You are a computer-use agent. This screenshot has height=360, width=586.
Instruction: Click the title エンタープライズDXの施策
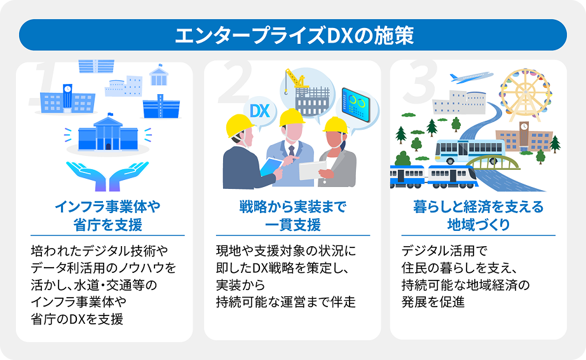pos(294,36)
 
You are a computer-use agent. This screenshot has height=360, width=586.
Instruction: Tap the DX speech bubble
pos(260,112)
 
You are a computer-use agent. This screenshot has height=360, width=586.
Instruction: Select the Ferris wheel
pos(526,94)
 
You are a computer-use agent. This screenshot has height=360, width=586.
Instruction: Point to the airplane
pos(471,78)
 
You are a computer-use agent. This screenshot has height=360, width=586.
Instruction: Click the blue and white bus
pos(470,151)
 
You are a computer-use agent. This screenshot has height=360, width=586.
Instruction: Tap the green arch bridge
pos(493,162)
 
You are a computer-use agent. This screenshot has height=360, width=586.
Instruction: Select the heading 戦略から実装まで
pos(293,207)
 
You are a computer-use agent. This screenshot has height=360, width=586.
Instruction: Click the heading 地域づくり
pos(479,225)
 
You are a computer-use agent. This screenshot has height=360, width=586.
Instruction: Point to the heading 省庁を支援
pos(107,225)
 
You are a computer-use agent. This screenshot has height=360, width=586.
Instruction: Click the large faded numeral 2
pos(235,82)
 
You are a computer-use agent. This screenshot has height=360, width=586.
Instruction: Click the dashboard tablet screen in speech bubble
pos(355,105)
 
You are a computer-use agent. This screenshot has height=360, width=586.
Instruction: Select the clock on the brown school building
pos(524,127)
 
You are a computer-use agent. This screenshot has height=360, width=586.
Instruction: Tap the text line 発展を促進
pos(433,301)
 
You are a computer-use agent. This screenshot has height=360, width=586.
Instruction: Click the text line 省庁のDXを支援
pos(77,319)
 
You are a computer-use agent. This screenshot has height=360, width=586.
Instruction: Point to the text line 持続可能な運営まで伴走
pos(286,301)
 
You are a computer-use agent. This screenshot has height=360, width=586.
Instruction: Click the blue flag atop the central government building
pos(110,114)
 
